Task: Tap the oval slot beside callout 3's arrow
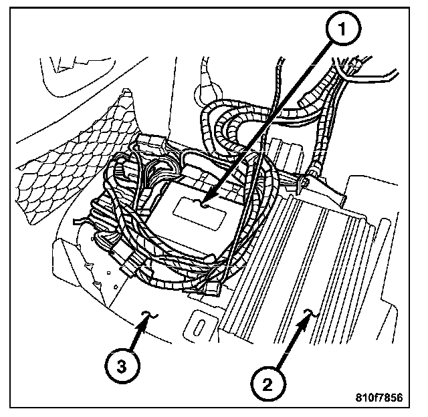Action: coord(201,325)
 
